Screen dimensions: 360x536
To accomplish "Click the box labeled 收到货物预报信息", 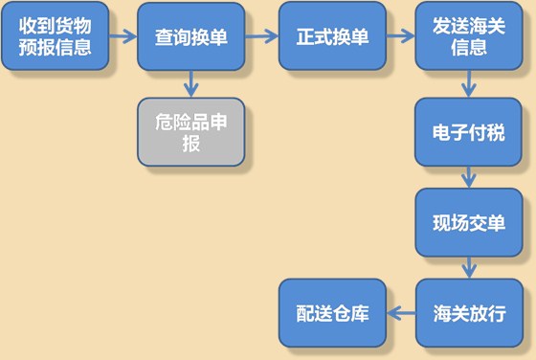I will pyautogui.click(x=56, y=35).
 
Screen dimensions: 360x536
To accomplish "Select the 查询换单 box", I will pyautogui.click(x=190, y=35).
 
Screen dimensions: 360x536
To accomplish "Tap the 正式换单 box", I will pyautogui.click(x=332, y=35).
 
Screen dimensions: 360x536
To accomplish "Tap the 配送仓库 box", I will pyautogui.click(x=332, y=313).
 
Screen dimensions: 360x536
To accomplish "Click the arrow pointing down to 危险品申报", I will pyautogui.click(x=190, y=84).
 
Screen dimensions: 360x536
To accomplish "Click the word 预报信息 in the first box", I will pyautogui.click(x=56, y=46).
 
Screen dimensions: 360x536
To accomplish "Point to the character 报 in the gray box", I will pyautogui.click(x=190, y=144).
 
